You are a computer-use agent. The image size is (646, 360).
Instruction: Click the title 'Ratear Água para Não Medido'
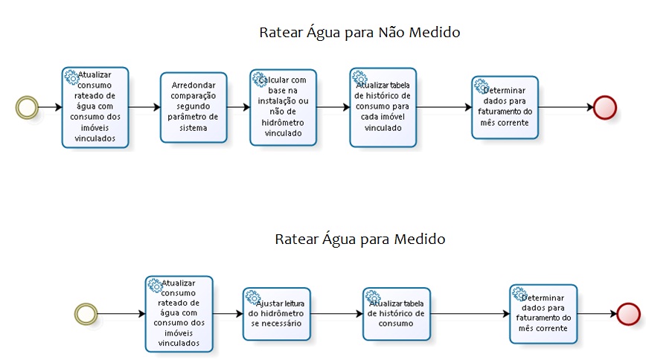[359, 33]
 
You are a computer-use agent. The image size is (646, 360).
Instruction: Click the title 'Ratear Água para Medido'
[360, 239]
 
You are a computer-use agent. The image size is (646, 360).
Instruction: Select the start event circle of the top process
[27, 107]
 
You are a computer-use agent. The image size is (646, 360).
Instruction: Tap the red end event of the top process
[604, 107]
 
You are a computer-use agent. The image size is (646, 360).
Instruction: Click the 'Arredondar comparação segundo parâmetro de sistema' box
[194, 107]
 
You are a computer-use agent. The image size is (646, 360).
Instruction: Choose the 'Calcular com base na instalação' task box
[283, 107]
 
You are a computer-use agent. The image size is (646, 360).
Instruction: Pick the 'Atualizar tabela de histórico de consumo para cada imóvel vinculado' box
[383, 107]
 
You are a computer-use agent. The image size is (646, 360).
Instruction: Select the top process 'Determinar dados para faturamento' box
[503, 107]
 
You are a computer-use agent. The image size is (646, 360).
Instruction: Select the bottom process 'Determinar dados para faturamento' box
[543, 314]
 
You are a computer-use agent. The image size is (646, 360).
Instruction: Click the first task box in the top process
[95, 107]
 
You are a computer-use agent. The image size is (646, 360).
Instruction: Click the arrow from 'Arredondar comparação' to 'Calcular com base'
[238, 107]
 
